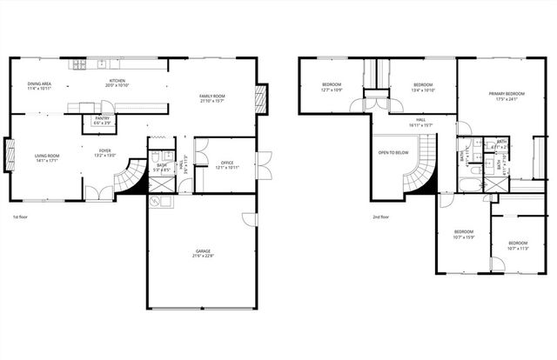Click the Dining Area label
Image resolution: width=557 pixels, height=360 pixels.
coord(39,83)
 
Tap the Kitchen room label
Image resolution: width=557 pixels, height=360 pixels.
coord(117,82)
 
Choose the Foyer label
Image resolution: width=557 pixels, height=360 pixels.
coord(104,151)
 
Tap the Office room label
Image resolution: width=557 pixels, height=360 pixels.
coord(227,162)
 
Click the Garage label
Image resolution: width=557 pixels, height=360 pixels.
coord(202,251)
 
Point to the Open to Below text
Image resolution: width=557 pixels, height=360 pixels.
coord(393,152)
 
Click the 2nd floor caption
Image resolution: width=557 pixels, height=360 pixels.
coord(381,217)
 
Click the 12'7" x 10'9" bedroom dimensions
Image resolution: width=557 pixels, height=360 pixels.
coord(331,90)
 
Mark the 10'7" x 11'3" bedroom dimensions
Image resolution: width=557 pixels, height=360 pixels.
coord(518,248)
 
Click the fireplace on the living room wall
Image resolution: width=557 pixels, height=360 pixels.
coord(10,157)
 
